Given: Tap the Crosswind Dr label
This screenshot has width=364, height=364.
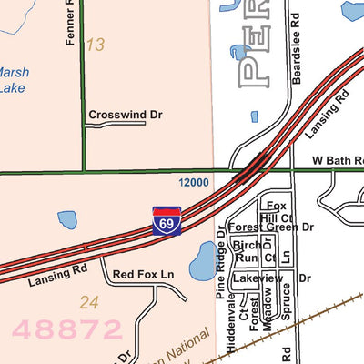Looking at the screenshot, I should (x=125, y=116).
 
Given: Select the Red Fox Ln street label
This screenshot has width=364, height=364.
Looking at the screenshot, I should (x=143, y=274).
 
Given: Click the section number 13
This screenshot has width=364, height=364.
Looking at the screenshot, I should (x=95, y=45).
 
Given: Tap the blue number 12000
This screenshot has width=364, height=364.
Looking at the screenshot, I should (x=194, y=183).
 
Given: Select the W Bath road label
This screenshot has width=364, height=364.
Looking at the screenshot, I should (x=337, y=160).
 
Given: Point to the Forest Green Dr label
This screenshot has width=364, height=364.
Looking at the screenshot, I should (x=270, y=227).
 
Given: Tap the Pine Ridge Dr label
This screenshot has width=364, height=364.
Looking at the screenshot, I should (x=220, y=263).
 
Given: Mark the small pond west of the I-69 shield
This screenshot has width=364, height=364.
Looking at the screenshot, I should (x=66, y=219).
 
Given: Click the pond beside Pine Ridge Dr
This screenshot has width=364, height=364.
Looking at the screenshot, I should (x=202, y=265).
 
